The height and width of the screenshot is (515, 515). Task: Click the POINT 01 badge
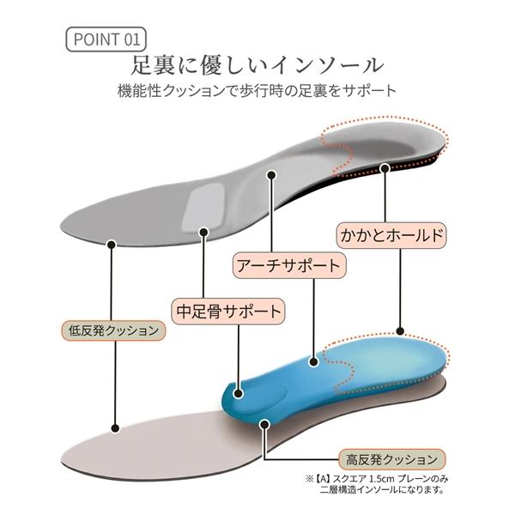tap(106, 39)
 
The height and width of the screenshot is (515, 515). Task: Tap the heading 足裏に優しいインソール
tap(257, 65)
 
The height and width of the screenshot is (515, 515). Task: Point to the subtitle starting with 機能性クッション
tap(257, 91)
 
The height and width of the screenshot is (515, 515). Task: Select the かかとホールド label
tap(391, 235)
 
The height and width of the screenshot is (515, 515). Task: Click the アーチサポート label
tap(289, 265)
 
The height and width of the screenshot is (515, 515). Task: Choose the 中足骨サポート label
tap(228, 311)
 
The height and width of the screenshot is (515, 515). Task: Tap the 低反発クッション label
tap(113, 330)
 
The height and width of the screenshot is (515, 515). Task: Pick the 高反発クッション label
tap(392, 459)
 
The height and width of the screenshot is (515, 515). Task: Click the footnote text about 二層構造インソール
tap(377, 484)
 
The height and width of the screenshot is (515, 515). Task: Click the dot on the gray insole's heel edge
tap(385, 168)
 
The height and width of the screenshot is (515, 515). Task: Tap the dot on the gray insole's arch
tap(271, 175)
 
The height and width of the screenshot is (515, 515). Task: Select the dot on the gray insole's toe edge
tap(112, 245)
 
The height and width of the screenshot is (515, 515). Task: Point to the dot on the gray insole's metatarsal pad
tap(204, 233)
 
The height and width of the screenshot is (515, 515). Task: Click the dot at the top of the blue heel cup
tap(400, 330)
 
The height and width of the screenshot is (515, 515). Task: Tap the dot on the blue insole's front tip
tap(239, 393)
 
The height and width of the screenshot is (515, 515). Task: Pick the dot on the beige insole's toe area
tap(115, 428)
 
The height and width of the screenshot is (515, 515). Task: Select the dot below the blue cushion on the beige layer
tap(264, 424)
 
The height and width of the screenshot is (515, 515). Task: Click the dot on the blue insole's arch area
tap(314, 362)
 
